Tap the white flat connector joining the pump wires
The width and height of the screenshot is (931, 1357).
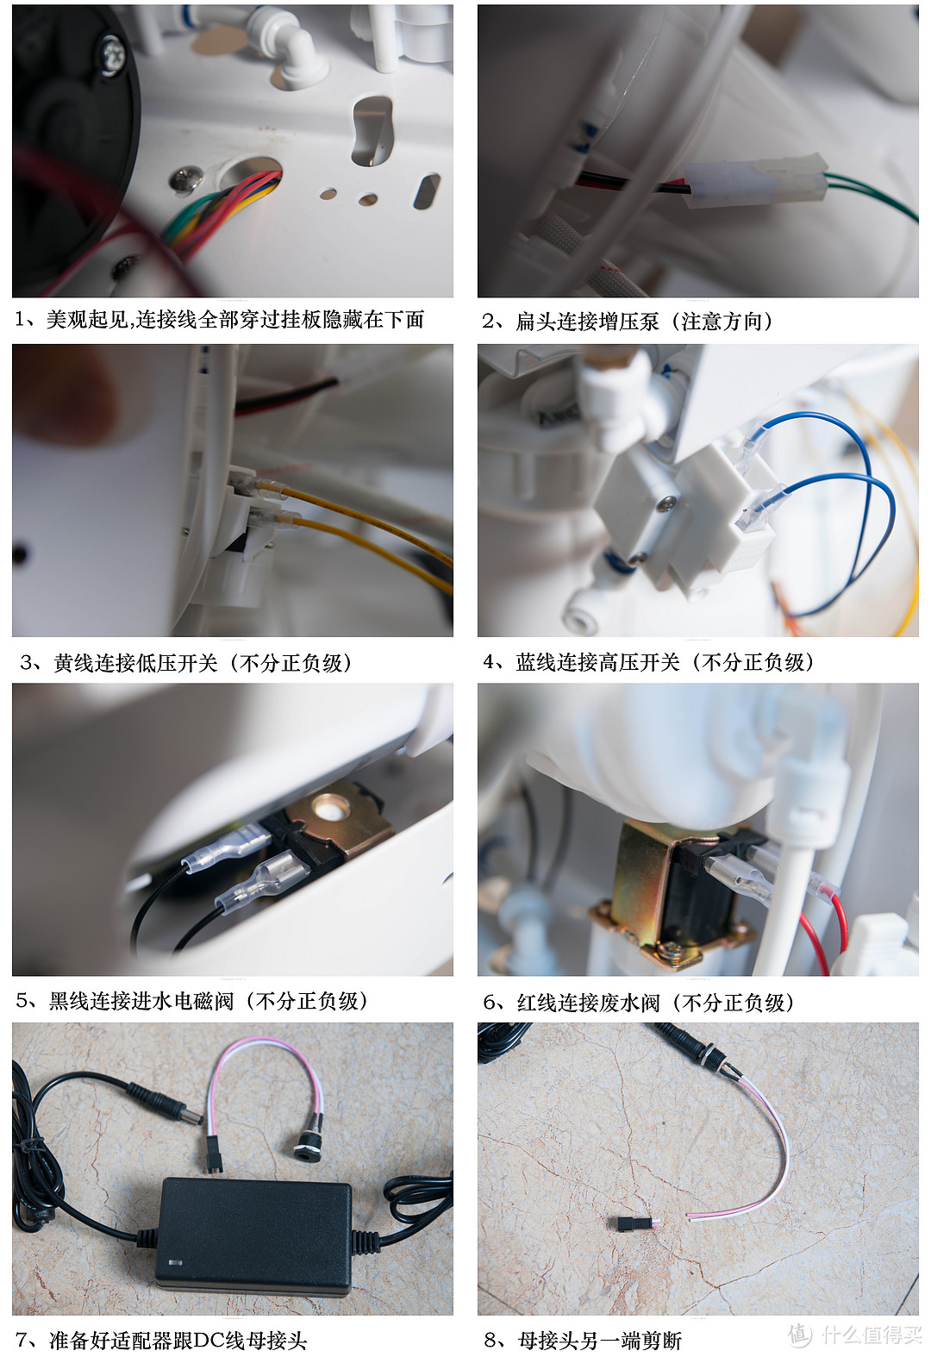pos(755,180)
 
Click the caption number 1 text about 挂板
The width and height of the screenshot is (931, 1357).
pos(219,319)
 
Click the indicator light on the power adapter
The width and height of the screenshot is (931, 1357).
pos(174,1264)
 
